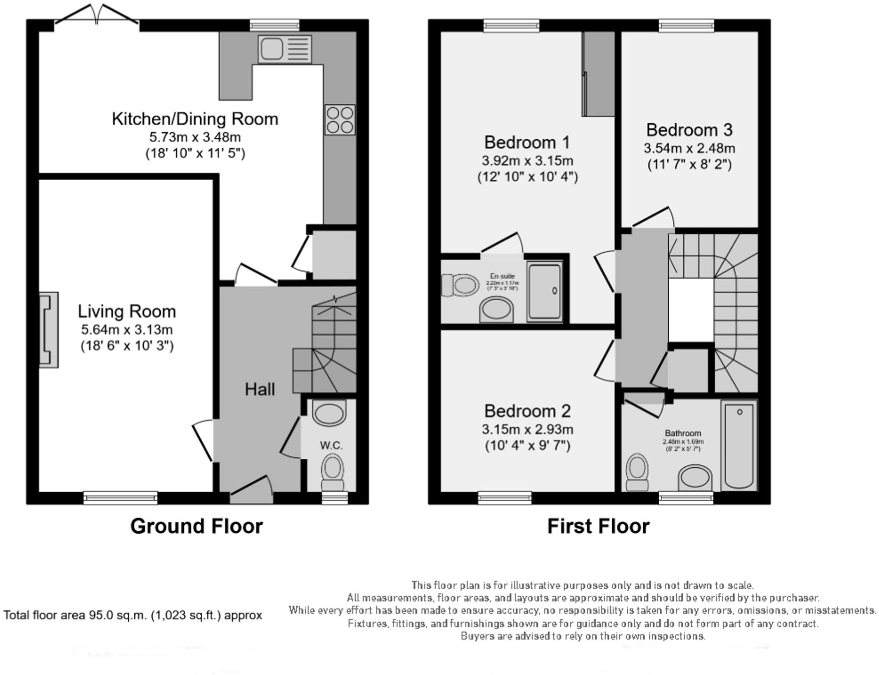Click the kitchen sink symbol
point(285,49)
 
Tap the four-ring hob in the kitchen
point(340,120)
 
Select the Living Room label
point(127,312)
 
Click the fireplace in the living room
point(49,330)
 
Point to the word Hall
point(260,389)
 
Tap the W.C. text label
point(331,445)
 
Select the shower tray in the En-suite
point(545,292)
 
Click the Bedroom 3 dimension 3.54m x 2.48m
point(689,148)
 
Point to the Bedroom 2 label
point(527,411)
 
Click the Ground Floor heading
point(196,526)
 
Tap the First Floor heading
point(598,526)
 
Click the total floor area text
point(133,615)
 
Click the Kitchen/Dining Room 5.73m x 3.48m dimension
point(195,137)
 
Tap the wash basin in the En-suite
point(496,310)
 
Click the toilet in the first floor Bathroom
point(637,472)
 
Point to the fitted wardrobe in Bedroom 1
point(598,74)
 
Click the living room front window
point(120,497)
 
